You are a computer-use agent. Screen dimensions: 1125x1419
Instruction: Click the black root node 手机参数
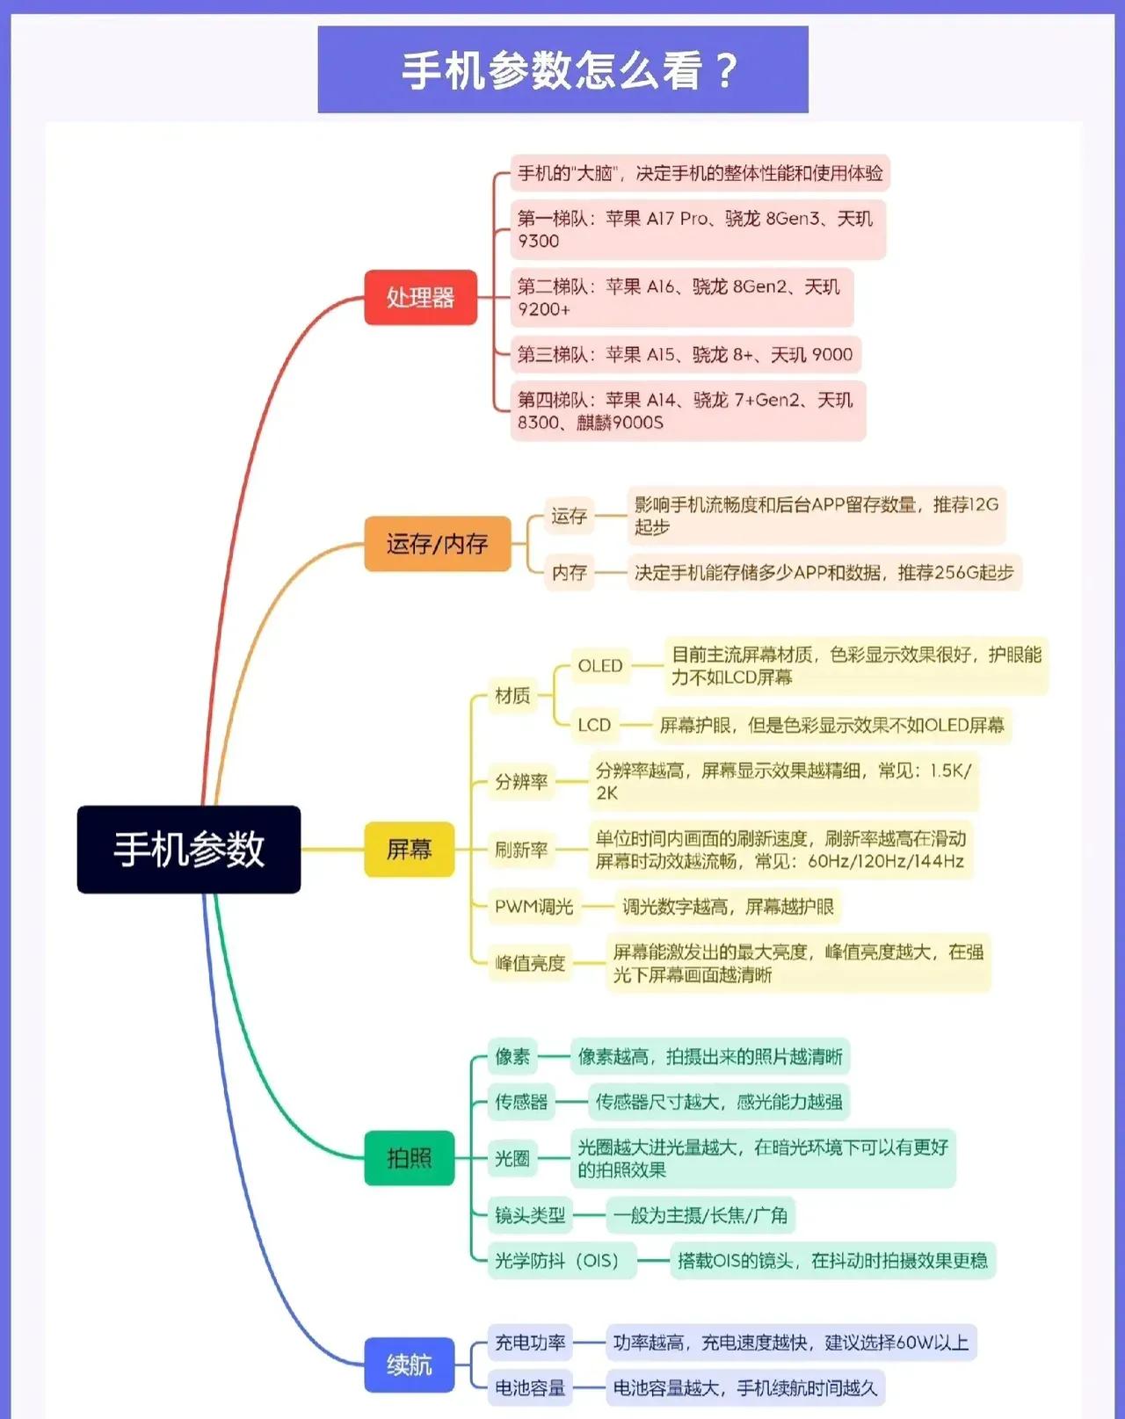click(x=189, y=850)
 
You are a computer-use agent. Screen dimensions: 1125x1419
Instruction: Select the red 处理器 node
click(x=420, y=297)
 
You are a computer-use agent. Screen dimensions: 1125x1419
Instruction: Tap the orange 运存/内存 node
click(x=438, y=544)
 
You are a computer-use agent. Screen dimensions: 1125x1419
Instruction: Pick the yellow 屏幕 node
click(x=409, y=850)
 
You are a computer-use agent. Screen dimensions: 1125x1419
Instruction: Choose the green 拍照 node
click(x=409, y=1158)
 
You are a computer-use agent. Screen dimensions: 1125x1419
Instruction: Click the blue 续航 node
click(x=409, y=1365)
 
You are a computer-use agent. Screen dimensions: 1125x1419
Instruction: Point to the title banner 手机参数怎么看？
click(x=562, y=69)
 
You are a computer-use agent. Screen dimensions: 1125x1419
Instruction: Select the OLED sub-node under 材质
click(x=599, y=666)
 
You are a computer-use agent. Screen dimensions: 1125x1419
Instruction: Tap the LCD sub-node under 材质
click(x=594, y=726)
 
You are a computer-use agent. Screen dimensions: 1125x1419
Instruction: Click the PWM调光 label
click(x=533, y=907)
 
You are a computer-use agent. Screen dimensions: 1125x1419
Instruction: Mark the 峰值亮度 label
click(x=530, y=963)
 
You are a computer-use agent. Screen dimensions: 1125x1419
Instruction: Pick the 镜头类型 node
click(x=530, y=1215)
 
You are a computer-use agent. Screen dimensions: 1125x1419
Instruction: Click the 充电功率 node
click(x=530, y=1343)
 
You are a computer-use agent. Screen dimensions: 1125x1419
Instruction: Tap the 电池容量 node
click(x=530, y=1388)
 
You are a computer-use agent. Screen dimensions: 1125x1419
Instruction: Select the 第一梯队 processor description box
click(x=698, y=229)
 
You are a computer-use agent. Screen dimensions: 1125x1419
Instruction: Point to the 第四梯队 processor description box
click(x=688, y=411)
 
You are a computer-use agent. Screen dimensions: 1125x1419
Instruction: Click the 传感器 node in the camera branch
click(x=521, y=1102)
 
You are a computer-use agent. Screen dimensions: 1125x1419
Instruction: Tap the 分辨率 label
click(x=521, y=782)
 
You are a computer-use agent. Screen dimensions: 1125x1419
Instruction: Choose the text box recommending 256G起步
click(x=824, y=572)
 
